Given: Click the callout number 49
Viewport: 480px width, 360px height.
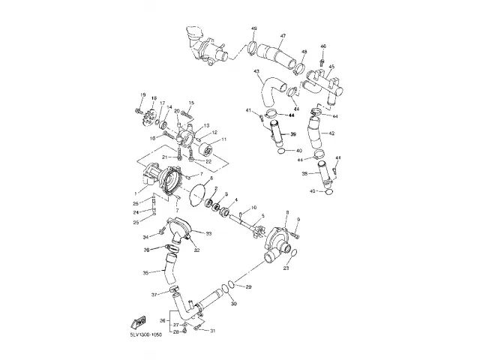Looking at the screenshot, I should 254,28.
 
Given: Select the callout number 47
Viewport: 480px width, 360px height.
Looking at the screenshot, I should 283,37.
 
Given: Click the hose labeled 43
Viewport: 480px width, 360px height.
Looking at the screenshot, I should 266,93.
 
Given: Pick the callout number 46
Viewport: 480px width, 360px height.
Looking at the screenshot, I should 323,46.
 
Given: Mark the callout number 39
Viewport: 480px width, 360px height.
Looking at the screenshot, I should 294,133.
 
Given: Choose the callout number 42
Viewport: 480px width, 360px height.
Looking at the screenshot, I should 332,133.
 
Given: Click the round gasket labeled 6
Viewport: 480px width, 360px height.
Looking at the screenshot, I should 197,193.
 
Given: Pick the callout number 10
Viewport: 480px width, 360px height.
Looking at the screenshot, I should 253,208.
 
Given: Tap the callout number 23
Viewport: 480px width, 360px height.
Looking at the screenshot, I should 286,267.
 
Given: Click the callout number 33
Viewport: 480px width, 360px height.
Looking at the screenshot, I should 208,235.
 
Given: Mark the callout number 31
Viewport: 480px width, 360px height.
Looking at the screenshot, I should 212,331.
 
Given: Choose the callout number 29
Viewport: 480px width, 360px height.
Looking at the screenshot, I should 249,287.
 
